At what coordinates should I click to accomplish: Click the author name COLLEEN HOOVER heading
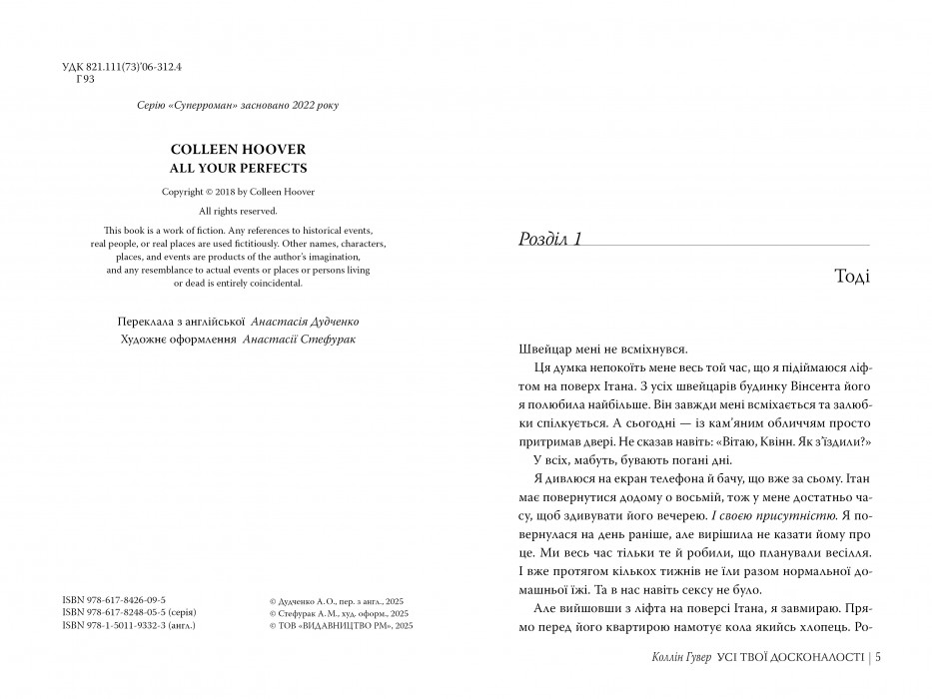238,148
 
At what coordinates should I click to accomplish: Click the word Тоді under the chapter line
850,277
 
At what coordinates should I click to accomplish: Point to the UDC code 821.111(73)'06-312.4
135,67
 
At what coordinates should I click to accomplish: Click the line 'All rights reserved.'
238,211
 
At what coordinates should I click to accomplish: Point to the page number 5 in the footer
876,657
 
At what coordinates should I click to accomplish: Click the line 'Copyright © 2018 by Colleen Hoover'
238,192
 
